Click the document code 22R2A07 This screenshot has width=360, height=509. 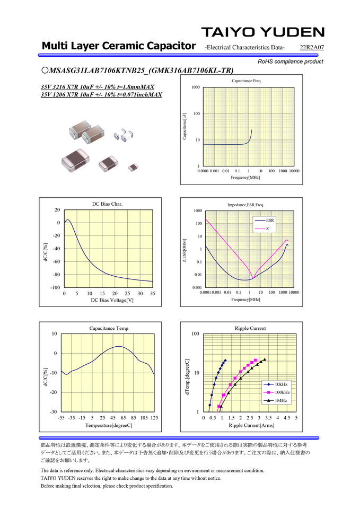pos(312,48)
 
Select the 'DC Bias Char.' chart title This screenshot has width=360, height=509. pos(108,204)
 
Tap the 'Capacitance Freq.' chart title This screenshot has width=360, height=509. pos(247,81)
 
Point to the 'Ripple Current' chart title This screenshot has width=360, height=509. pos(250,328)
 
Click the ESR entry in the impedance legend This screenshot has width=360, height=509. pos(270,220)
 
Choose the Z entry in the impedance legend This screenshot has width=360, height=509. pos(268,229)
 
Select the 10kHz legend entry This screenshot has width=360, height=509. pos(281,384)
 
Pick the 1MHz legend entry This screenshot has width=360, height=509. pos(282,400)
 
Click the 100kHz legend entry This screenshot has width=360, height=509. pos(282,392)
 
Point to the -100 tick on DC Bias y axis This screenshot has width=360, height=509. pos(54,287)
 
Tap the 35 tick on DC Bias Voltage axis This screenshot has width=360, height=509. pos(153,293)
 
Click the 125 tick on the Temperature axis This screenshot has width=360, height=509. pos(154,418)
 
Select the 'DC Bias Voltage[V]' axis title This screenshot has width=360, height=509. pos(112,300)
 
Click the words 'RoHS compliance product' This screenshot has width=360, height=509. pos(290,62)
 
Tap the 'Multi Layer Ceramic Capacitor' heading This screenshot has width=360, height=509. pos(119,46)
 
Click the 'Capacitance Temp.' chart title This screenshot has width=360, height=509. pos(109,328)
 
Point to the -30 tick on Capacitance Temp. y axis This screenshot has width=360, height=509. pos(54,412)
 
